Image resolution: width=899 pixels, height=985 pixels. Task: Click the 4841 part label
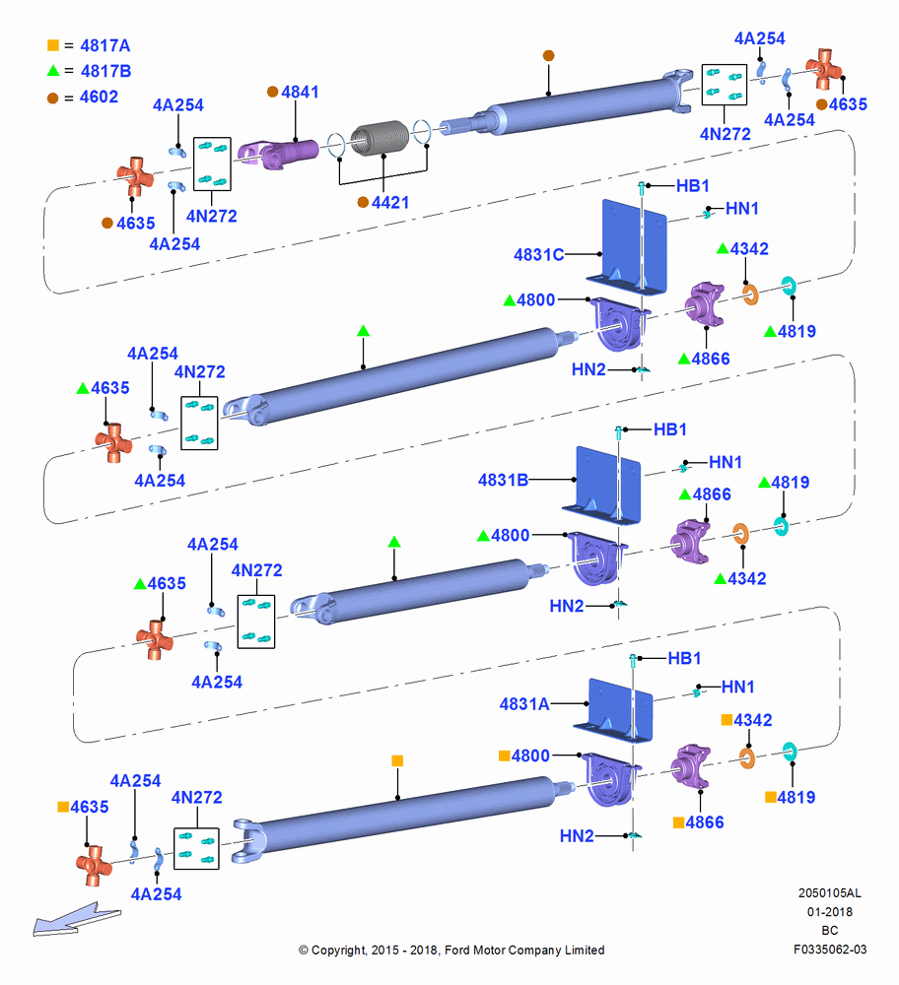(x=300, y=92)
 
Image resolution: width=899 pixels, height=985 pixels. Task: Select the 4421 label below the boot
(x=390, y=202)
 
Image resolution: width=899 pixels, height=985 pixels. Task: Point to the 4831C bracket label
(x=539, y=254)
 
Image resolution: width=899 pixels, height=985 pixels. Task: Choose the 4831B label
(x=503, y=480)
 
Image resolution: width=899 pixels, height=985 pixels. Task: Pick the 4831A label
(x=524, y=704)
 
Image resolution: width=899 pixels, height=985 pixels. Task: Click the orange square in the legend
(x=53, y=45)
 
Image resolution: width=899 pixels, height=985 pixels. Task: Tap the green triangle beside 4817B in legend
(x=53, y=70)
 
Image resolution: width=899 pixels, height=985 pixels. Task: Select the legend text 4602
(x=99, y=97)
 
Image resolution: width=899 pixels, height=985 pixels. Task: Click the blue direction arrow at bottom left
(x=76, y=919)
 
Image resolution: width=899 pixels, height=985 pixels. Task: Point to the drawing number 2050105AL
(x=830, y=892)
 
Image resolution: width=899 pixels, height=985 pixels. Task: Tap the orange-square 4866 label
(x=705, y=822)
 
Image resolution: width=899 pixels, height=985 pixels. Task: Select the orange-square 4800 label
(x=530, y=755)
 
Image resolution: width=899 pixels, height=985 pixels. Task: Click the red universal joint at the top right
(x=824, y=69)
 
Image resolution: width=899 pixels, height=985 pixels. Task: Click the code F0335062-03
(x=830, y=950)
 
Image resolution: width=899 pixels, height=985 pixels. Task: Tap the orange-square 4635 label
(x=90, y=807)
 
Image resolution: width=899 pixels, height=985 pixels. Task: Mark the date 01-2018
(x=830, y=911)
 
